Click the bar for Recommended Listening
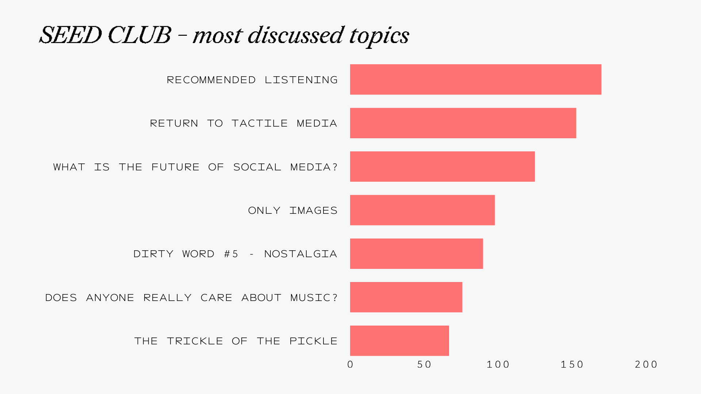point(475,80)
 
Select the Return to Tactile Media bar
point(463,123)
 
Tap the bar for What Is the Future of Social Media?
point(442,166)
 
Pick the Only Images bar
point(422,210)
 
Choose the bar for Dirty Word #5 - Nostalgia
point(416,254)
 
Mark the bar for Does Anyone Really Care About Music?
point(406,297)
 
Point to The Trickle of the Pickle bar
point(399,341)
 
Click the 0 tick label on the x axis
point(350,364)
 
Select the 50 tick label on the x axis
point(424,364)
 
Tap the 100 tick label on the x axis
point(498,364)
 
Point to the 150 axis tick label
point(572,364)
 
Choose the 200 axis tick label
point(646,364)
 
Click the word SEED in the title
point(70,35)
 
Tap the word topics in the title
point(379,36)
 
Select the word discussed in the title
point(295,35)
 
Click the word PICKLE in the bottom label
point(313,341)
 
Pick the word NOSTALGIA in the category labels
point(300,254)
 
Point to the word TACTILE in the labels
point(260,123)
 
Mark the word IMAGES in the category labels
point(313,210)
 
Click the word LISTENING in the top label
point(301,80)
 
